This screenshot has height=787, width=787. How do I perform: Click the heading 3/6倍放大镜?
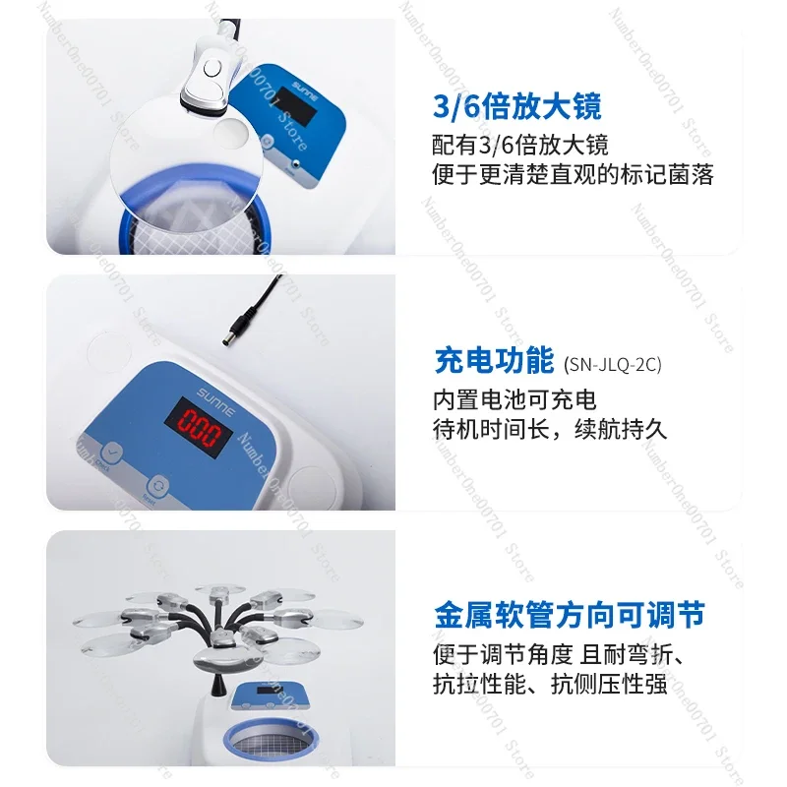516,105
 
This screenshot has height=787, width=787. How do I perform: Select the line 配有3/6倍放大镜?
520,145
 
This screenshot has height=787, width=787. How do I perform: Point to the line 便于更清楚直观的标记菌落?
573,175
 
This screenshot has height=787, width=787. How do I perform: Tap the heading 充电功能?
494,361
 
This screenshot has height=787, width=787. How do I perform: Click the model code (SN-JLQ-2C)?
613,364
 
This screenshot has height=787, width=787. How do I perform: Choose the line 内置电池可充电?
515,400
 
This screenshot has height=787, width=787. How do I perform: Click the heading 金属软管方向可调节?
570,617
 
